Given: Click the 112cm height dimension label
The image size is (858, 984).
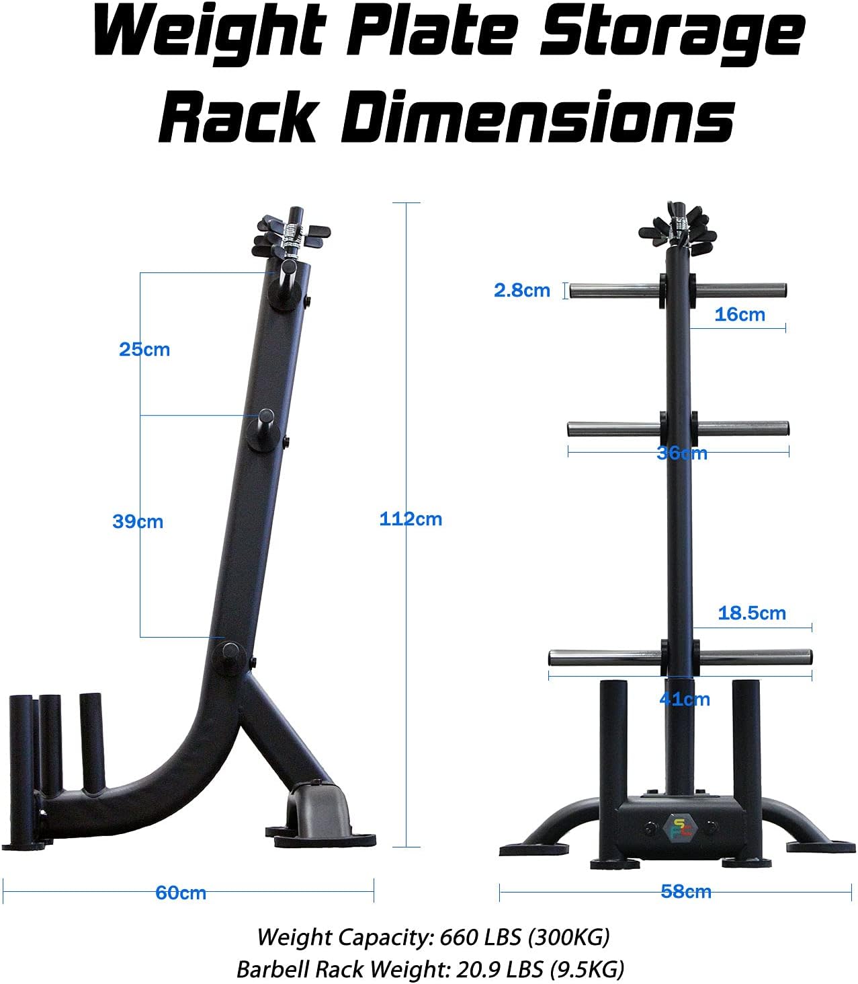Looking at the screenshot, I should (411, 519).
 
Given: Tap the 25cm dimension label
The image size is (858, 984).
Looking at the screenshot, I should (144, 350).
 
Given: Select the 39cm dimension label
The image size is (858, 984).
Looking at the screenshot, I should (138, 522).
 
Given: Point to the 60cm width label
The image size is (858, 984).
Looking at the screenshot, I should (181, 893).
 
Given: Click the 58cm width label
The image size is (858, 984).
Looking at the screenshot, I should (685, 892).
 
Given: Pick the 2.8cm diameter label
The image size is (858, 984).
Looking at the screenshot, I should (521, 291).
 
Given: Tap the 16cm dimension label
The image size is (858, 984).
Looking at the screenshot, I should (739, 315).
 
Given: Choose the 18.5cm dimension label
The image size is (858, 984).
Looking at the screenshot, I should (751, 613).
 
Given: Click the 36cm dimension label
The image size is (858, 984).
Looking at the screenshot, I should (681, 453).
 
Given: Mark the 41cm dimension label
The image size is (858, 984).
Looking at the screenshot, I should (684, 699).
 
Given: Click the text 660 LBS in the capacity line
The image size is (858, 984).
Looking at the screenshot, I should (474, 937).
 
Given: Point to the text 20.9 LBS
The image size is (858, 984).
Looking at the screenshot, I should (492, 969).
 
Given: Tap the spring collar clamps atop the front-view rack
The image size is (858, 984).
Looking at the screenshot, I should (678, 233).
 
